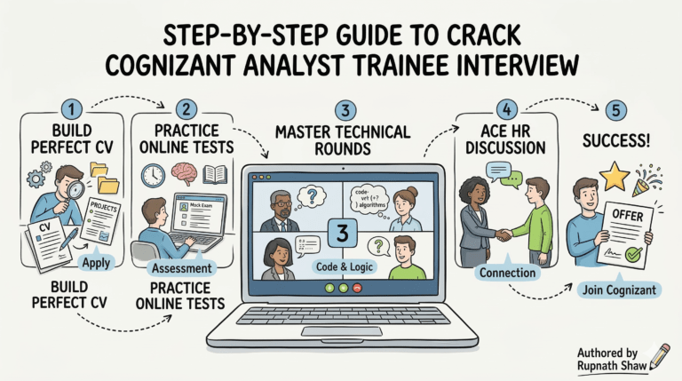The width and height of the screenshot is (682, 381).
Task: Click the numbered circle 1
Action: click(73, 108)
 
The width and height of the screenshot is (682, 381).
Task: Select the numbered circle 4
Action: click(504, 108)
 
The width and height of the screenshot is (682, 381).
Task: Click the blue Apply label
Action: click(95, 263)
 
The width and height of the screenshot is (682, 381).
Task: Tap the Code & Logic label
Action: click(343, 267)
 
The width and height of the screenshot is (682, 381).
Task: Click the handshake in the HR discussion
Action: click(504, 235)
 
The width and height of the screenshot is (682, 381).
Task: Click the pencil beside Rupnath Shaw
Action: click(658, 355)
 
